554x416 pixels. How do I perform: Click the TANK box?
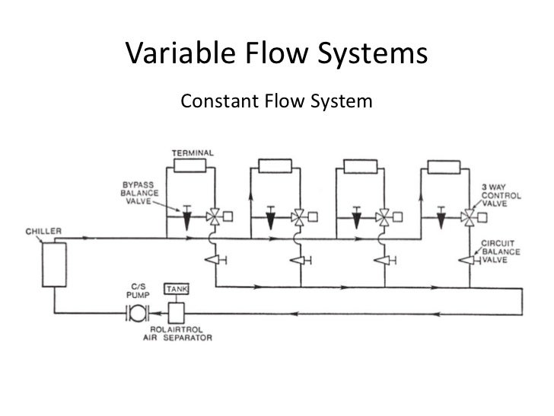click(177, 290)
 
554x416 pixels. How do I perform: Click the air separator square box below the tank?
click(177, 312)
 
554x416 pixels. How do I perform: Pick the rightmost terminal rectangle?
click(444, 166)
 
